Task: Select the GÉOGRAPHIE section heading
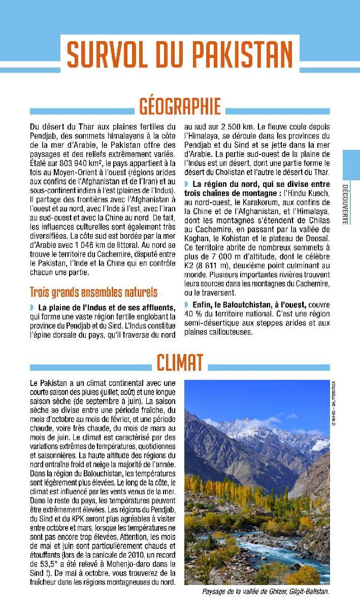pos(180,107)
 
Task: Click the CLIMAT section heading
pos(180,363)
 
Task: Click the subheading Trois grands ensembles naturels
pos(93,293)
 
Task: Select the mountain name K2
pos(189,266)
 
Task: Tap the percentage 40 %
pos(192,314)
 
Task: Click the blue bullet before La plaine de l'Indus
pos(32,308)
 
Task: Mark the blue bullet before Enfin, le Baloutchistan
pos(186,305)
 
